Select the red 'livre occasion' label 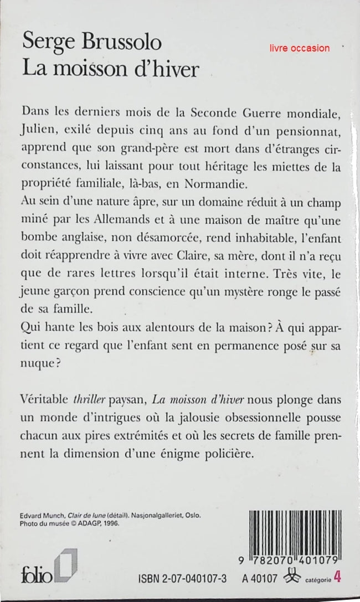(300, 48)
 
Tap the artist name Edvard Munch (44, 514)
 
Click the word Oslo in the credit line (191, 514)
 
